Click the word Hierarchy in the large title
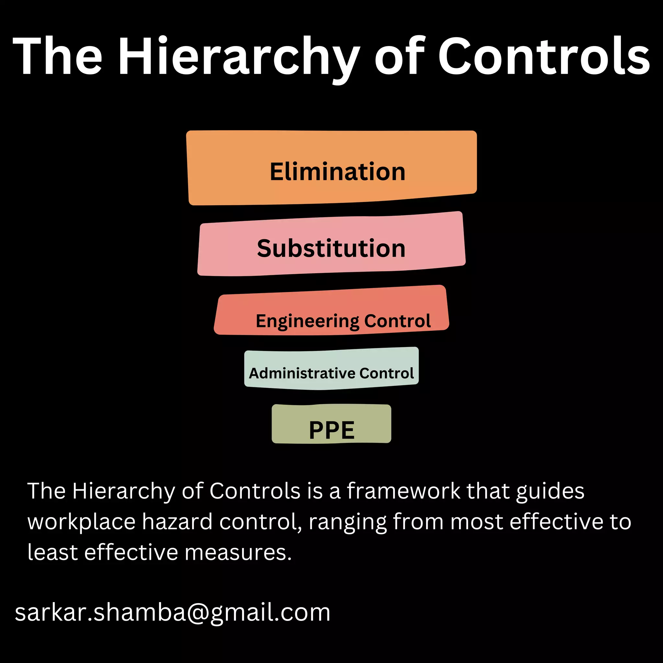(239, 57)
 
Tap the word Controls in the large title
(544, 57)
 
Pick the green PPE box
(331, 423)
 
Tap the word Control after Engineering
(398, 321)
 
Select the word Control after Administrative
(387, 373)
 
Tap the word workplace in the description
(82, 522)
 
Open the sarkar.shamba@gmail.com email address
(173, 612)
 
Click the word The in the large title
(58, 57)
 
